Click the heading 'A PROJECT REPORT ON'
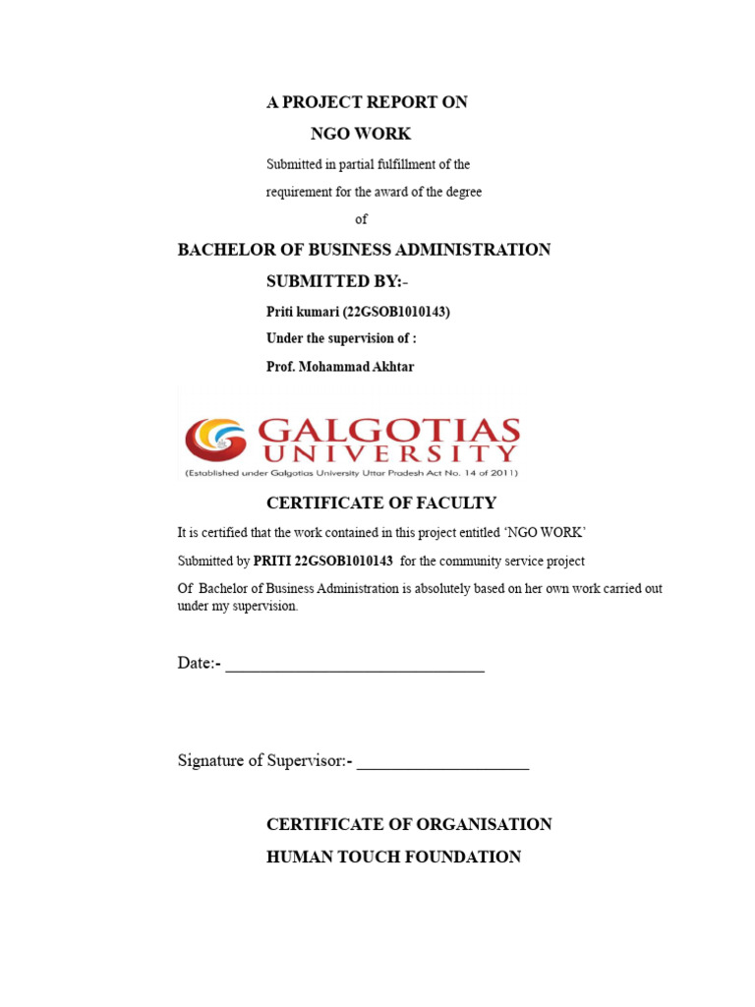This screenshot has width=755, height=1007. [367, 102]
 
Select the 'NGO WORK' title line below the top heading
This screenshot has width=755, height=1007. [361, 134]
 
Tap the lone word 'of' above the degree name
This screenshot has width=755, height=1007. [361, 219]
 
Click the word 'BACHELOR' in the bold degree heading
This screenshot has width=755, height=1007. [221, 250]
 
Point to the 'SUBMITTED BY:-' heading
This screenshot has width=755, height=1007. [336, 281]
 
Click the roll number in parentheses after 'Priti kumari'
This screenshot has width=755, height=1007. [396, 312]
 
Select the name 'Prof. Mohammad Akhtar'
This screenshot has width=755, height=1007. [341, 367]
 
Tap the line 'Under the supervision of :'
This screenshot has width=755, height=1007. [342, 339]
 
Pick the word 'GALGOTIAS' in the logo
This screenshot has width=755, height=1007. [387, 431]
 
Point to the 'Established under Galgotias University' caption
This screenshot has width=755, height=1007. [350, 473]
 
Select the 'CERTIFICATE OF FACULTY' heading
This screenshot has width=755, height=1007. [381, 503]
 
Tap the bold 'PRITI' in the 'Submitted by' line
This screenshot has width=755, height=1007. [272, 562]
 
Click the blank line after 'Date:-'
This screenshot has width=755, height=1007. [355, 667]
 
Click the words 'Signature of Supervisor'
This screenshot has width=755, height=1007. [259, 760]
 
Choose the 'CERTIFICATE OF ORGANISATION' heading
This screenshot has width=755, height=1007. [409, 824]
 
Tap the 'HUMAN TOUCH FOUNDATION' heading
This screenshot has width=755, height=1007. [393, 858]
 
